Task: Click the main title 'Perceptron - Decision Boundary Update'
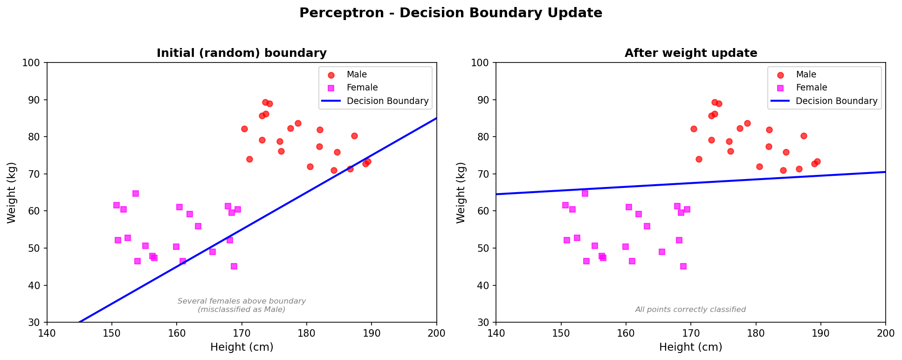click(x=450, y=13)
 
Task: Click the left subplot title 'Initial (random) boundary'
click(x=241, y=53)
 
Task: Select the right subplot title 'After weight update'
click(x=690, y=53)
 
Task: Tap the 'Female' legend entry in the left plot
click(x=362, y=88)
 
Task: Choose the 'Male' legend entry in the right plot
click(x=806, y=75)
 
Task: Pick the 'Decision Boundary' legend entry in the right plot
click(x=836, y=101)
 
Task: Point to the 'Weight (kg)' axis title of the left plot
click(x=12, y=193)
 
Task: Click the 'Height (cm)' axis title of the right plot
click(x=690, y=347)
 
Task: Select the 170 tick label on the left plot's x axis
click(x=241, y=333)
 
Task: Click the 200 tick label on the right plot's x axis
click(x=885, y=333)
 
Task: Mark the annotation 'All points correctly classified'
click(x=690, y=310)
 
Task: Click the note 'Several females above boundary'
click(x=241, y=301)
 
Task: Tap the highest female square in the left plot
click(x=136, y=194)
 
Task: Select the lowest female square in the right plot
click(x=683, y=266)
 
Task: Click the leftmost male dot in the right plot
click(x=694, y=129)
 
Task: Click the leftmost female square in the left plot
click(x=117, y=205)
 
